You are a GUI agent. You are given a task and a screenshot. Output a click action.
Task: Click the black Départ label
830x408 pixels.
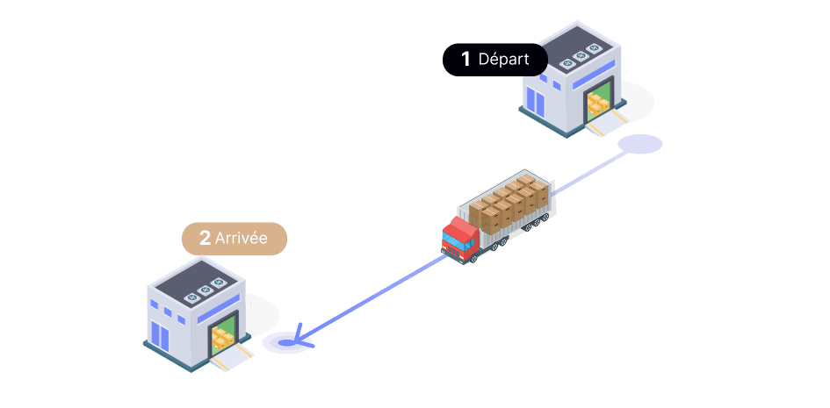pyautogui.click(x=494, y=60)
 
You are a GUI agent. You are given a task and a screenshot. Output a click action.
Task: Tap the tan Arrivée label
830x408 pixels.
pyautogui.click(x=235, y=238)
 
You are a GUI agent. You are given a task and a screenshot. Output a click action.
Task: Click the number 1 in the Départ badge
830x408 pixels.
pyautogui.click(x=466, y=60)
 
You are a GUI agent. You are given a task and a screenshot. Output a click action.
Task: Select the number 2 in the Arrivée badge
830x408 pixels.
pyautogui.click(x=205, y=238)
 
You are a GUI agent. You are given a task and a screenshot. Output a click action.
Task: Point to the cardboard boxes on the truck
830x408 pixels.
pyautogui.click(x=510, y=202)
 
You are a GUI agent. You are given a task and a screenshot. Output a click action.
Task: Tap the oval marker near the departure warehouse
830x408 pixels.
pyautogui.click(x=639, y=144)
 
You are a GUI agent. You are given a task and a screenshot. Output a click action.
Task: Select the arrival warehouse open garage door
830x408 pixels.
pyautogui.click(x=224, y=333)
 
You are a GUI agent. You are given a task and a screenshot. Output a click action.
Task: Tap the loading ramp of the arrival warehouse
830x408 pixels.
pyautogui.click(x=232, y=356)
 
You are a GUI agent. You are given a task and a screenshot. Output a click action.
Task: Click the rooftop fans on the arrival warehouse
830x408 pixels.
pyautogui.click(x=204, y=290)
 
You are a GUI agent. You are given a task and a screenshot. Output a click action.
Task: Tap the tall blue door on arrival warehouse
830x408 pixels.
pyautogui.click(x=159, y=336)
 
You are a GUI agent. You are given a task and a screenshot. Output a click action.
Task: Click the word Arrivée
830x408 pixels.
pyautogui.click(x=242, y=238)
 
